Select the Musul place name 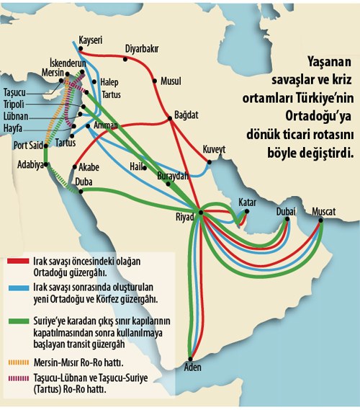tap(171, 80)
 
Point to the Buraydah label tap(172, 175)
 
